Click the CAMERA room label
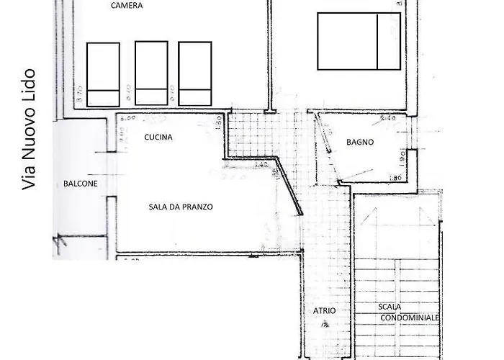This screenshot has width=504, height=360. click(127, 6)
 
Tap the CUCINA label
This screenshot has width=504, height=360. click(158, 136)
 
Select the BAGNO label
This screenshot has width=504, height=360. click(359, 142)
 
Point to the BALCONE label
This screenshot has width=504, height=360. click(79, 183)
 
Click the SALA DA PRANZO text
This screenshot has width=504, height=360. click(181, 207)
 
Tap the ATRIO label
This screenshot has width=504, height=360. click(324, 311)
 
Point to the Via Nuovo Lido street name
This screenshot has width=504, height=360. click(30, 130)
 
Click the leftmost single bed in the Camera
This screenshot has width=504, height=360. click(104, 74)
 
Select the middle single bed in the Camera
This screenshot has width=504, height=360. click(151, 73)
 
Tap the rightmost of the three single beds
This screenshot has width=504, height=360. click(194, 74)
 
